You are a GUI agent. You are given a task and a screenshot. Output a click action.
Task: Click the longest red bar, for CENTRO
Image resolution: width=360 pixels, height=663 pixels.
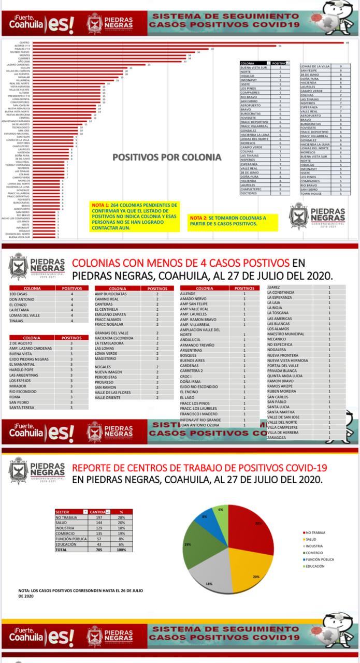click(x=186, y=42)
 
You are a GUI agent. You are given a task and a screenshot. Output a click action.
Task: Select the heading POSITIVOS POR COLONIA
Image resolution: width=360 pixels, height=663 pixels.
click(x=167, y=156)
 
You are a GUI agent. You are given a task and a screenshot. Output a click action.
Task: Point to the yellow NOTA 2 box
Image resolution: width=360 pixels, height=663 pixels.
click(x=233, y=221)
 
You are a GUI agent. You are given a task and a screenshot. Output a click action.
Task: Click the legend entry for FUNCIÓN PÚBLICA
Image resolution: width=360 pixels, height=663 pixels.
click(x=320, y=559)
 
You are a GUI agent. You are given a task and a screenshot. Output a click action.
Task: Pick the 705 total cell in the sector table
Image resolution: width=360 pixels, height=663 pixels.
click(x=98, y=550)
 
